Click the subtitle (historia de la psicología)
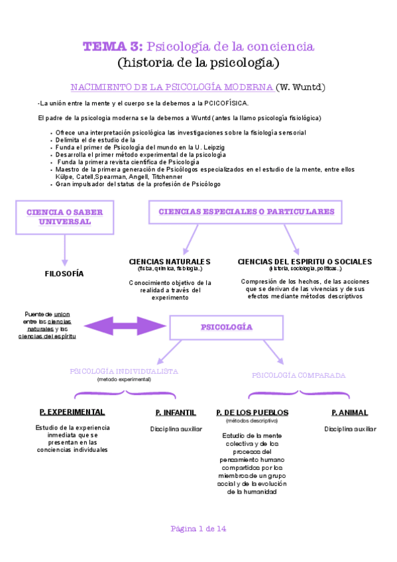point(198,63)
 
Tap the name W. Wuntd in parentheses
point(301,87)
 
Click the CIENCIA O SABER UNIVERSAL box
point(64,217)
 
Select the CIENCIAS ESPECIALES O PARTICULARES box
point(246,212)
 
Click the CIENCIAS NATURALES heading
point(170,262)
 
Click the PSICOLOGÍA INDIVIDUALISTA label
point(124,371)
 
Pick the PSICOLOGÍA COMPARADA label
point(298,375)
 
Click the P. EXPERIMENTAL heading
point(72,412)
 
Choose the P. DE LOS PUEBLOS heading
point(252,412)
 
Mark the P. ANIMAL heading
point(349,412)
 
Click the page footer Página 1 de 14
point(198,528)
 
